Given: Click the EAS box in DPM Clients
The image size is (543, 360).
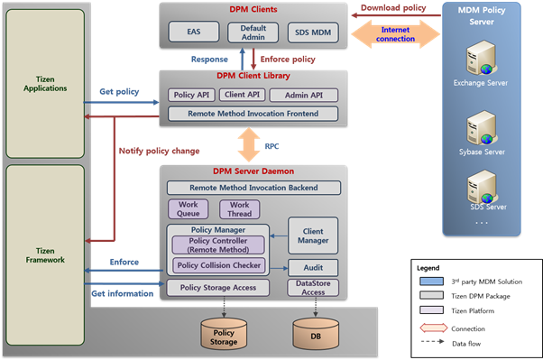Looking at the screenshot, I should click(194, 32).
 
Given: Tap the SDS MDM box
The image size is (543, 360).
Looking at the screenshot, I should click(311, 32).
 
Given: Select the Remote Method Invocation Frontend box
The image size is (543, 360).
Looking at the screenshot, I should click(252, 114).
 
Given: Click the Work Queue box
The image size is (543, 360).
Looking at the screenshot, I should click(188, 209).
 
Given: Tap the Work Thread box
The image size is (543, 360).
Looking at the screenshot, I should click(240, 209).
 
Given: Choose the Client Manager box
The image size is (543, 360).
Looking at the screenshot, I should click(312, 235).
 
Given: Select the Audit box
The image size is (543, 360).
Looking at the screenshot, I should click(312, 268).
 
